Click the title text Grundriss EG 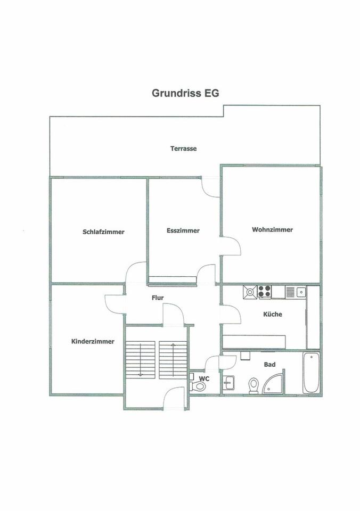click(185, 93)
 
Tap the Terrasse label click(183, 149)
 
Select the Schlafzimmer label click(103, 232)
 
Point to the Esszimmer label click(183, 230)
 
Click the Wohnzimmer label click(273, 230)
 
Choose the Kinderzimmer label click(93, 342)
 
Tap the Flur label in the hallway click(157, 299)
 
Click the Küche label click(273, 314)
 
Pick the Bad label click(269, 365)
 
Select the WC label click(203, 378)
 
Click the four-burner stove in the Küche click(265, 292)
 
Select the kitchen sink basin click(301, 291)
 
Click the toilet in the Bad click(253, 384)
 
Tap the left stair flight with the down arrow click(140, 359)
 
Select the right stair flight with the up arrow click(173, 359)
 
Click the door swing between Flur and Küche click(231, 314)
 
